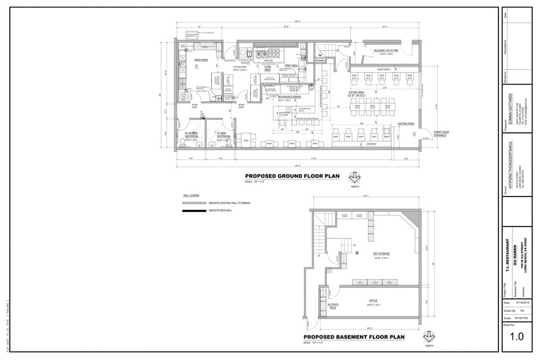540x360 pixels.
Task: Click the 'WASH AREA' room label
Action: [201, 60]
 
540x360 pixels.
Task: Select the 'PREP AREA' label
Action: [290, 66]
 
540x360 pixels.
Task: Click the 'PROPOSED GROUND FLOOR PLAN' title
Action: [292, 176]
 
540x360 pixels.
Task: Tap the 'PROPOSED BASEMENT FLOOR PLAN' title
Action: [354, 337]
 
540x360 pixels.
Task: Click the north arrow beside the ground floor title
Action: [353, 178]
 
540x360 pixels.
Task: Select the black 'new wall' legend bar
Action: [194, 211]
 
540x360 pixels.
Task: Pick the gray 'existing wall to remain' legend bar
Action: [194, 203]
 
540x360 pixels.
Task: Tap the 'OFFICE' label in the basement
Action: [372, 300]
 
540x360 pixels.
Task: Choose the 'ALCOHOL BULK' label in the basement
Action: [333, 306]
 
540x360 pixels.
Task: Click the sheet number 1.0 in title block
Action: [517, 336]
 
